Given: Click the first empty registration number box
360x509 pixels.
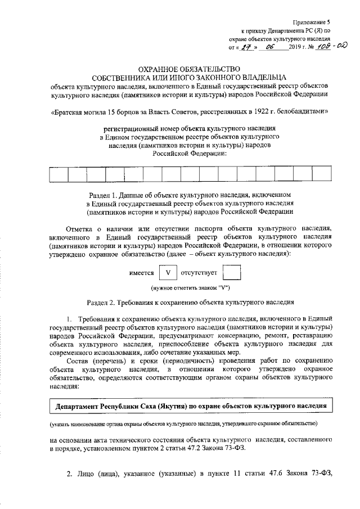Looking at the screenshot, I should click(x=58, y=175).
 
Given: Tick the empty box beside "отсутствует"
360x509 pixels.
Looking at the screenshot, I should click(x=231, y=273).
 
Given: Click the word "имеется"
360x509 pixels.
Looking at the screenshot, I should click(x=141, y=273).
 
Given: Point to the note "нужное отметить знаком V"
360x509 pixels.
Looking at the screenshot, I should click(x=187, y=288).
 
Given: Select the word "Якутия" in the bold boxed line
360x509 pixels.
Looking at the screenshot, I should click(x=175, y=406).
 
